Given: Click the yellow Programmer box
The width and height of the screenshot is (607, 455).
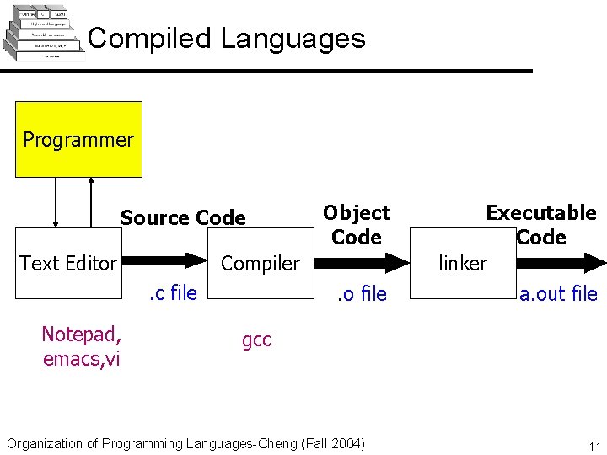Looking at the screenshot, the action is point(78,139).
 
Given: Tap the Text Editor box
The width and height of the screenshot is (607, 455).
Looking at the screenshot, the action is point(68,264).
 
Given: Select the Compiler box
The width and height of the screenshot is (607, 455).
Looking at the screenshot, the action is point(260,264).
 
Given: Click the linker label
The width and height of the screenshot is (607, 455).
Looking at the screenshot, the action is point(463,264).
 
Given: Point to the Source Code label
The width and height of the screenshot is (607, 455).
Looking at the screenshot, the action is point(183,218).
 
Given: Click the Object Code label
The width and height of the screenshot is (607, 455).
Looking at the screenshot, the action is point(357,225).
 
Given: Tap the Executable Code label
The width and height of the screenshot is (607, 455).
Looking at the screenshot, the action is point(540,225).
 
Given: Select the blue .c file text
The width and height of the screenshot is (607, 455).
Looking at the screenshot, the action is point(173,293).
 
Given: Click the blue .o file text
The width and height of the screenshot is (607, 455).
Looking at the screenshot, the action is point(362,294).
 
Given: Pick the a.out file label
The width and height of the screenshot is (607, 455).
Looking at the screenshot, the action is point(558,294).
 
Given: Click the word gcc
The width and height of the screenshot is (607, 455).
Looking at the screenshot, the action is point(256,340).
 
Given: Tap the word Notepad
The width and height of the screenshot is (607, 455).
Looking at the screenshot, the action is point(81,335).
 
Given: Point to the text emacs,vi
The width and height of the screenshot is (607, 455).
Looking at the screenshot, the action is point(81,359).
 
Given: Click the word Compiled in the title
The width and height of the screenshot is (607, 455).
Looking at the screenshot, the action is point(149,39).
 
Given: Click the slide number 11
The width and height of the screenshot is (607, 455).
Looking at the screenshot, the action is point(594,447).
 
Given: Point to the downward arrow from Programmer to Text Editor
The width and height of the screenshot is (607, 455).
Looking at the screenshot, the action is point(56,202).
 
